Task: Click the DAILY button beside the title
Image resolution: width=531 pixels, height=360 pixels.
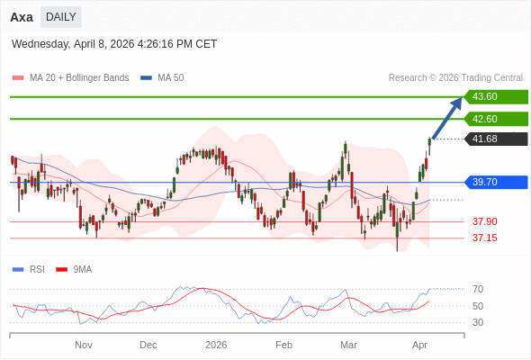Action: (x=60, y=17)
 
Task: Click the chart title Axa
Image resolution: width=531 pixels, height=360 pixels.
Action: (x=22, y=17)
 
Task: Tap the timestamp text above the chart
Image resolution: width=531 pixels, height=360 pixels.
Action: (x=114, y=44)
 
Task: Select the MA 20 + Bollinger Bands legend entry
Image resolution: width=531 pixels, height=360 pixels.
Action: (x=71, y=78)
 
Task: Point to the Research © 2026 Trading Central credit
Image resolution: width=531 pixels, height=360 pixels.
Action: (x=455, y=78)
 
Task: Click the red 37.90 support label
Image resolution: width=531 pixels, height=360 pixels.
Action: (x=485, y=221)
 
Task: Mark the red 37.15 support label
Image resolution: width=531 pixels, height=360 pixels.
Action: (x=485, y=238)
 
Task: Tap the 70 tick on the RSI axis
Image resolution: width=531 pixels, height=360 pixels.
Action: (x=478, y=289)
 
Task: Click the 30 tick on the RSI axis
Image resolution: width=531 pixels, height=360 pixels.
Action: (x=478, y=322)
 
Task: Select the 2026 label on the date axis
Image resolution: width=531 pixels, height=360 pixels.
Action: (x=216, y=345)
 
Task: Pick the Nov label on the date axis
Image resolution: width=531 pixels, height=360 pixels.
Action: (x=84, y=345)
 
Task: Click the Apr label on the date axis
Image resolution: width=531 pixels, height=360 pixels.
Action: (x=419, y=345)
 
